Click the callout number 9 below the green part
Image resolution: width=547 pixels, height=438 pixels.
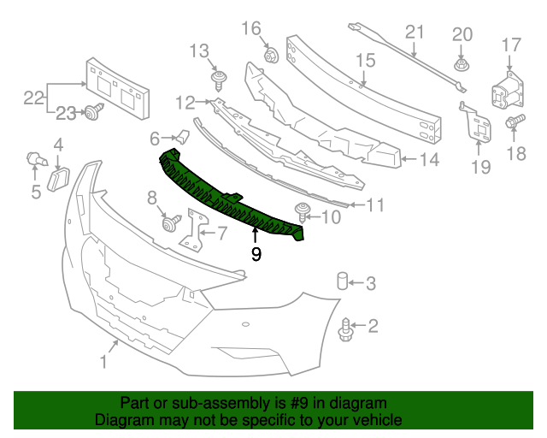256,254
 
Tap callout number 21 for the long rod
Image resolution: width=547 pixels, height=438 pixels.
415,33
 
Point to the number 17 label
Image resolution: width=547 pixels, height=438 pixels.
510,44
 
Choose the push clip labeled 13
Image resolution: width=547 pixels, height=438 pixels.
219,80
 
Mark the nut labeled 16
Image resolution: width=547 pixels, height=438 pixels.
271,57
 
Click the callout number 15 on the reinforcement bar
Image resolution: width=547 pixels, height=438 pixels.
365,61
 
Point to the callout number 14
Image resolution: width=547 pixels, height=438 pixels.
429,159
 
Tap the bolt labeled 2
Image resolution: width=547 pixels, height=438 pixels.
346,325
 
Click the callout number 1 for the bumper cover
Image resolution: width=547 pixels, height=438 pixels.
103,363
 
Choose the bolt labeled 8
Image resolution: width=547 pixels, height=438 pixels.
170,223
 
